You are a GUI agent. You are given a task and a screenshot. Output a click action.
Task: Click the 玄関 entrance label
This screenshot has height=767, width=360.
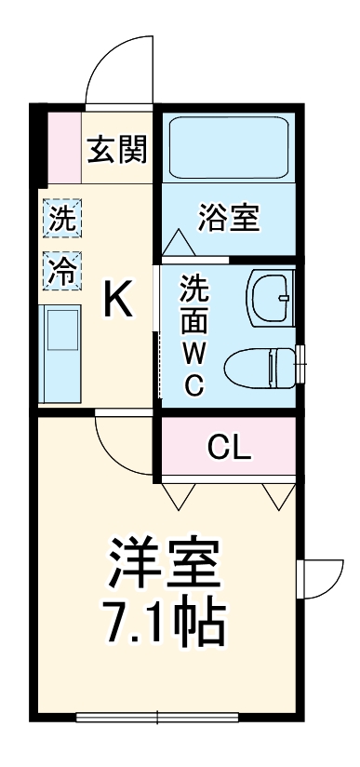coord(117,149)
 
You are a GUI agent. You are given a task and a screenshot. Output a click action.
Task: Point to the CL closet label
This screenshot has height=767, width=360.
coord(229,449)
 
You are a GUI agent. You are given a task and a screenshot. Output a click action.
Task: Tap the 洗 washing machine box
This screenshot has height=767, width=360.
coord(63,220)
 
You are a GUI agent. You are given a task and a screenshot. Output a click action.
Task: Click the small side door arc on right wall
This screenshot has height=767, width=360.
coord(321,579)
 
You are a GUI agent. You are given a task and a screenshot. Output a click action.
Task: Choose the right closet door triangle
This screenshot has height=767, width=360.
coord(278,496)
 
